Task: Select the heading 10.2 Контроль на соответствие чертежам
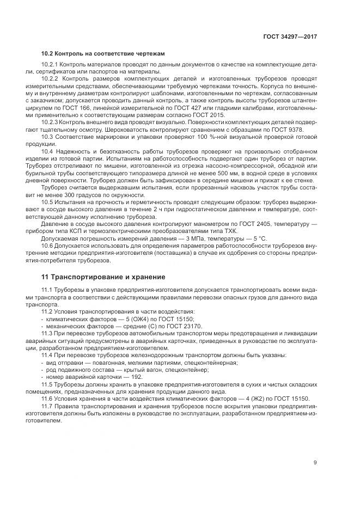tap(103, 53)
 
